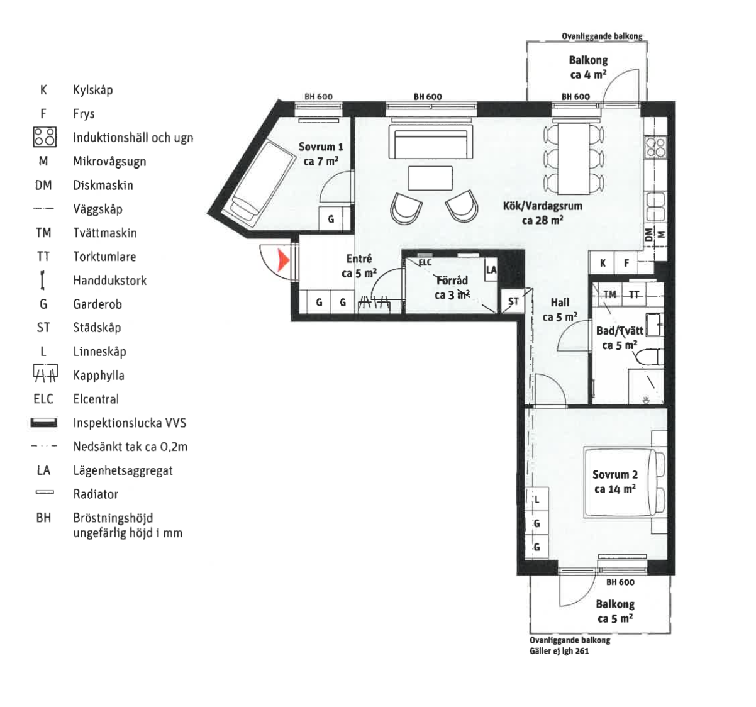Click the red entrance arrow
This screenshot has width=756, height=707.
coord(284,260)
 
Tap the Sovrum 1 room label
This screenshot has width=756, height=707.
coord(321,154)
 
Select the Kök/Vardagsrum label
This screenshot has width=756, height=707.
coord(542,213)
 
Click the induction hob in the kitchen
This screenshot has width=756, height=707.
coord(655,148)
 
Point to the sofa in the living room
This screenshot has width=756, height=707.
coord(431,142)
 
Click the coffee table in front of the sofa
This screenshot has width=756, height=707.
coord(431,178)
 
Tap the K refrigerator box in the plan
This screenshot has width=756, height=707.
coord(602,263)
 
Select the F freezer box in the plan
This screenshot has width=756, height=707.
coord(626,263)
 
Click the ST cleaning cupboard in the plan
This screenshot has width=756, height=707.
coord(513,301)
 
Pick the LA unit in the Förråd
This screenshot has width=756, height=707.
coord(491,270)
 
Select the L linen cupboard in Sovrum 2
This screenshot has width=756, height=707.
coord(536,499)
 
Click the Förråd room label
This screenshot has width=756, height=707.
coord(452,288)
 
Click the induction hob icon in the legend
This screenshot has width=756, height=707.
coord(45,137)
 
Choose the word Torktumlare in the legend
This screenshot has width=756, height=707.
coord(104,257)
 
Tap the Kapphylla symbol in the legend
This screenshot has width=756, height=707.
coord(45,373)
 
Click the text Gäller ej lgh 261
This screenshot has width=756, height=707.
coord(559,650)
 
